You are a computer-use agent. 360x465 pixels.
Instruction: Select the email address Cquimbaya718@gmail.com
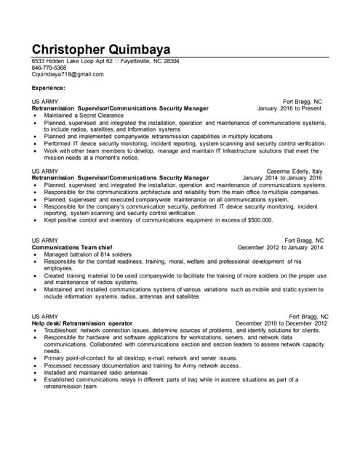pos(63,74)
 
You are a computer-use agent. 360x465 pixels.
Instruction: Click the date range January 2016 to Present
pos(289,108)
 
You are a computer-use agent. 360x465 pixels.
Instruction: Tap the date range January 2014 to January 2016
pos(282,177)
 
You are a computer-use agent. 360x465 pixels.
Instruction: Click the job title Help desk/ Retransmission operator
pos(82,323)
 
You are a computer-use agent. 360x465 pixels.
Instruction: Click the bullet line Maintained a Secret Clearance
pos(84,116)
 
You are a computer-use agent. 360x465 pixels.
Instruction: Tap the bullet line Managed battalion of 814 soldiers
pos(87,254)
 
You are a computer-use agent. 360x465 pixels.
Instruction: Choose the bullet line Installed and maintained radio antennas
pos(95,372)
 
